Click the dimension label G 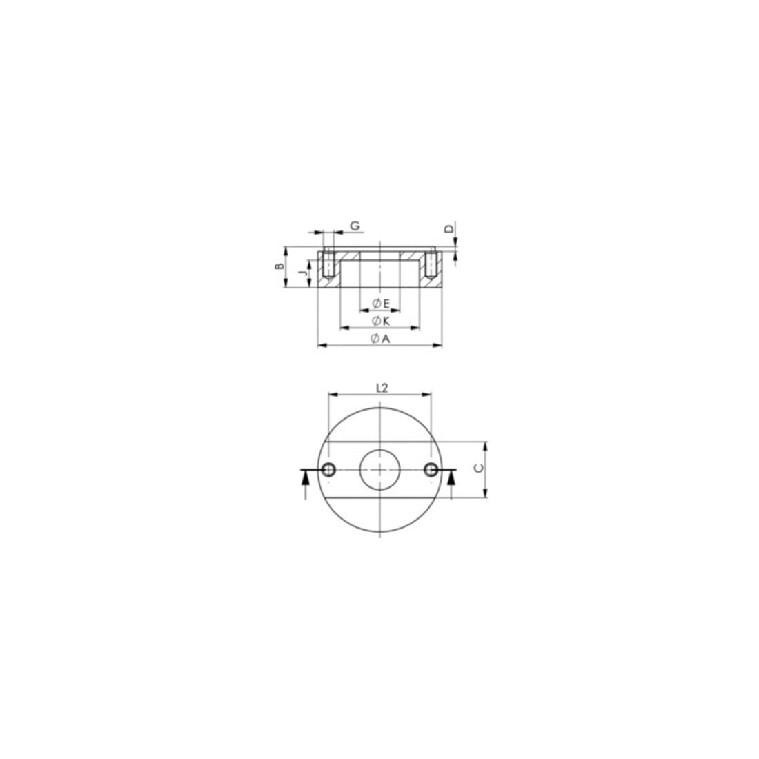[356, 226]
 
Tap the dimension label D [450, 228]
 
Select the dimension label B [279, 266]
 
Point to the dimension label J [303, 273]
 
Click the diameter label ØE [380, 304]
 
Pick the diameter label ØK [380, 321]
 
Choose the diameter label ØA [380, 339]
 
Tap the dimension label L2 [382, 388]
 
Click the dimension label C [478, 468]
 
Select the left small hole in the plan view [328, 469]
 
